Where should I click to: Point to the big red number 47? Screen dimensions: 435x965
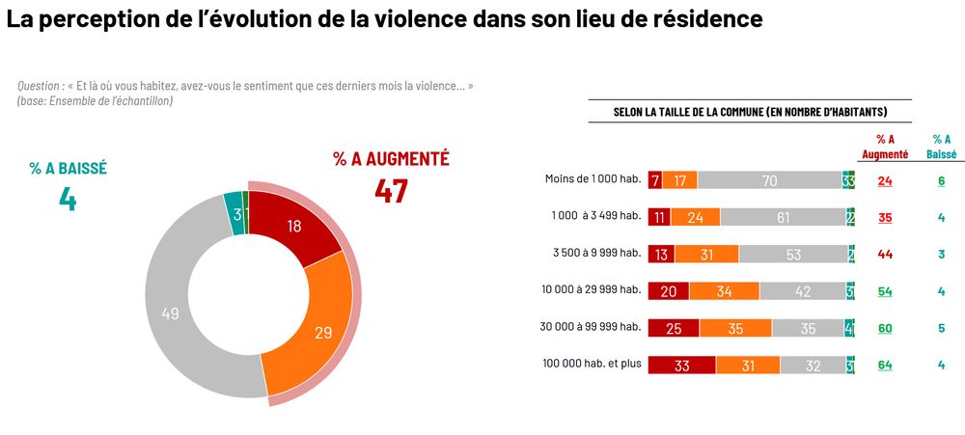point(391,191)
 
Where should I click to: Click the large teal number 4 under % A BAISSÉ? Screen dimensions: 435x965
point(67,198)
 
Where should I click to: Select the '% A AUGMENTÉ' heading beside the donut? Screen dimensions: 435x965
point(391,159)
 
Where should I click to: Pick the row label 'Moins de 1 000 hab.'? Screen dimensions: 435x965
point(593,179)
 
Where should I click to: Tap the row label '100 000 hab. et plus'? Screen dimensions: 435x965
point(592,365)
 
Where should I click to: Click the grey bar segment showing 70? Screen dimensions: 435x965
point(769,180)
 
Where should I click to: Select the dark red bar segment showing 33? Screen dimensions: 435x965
point(681,366)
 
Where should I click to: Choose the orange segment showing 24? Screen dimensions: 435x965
point(695,217)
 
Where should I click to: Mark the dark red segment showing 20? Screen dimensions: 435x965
point(668,291)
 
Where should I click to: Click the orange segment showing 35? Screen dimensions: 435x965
point(735,328)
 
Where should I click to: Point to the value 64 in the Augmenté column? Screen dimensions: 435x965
point(885,366)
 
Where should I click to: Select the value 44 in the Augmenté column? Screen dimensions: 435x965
point(885,254)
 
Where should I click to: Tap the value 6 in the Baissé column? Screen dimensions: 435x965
point(941,180)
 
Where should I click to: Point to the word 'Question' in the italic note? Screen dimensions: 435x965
point(40,87)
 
